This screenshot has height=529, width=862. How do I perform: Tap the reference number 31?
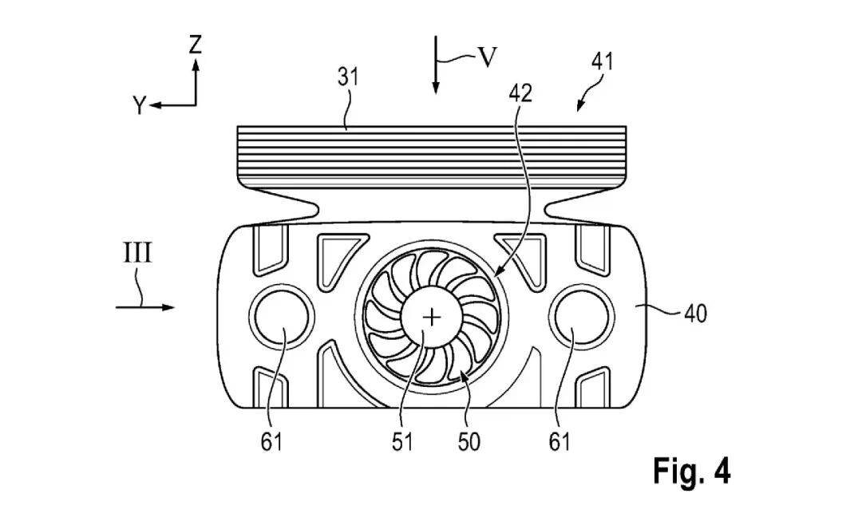click(x=347, y=77)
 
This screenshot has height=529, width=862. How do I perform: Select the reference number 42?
click(x=520, y=94)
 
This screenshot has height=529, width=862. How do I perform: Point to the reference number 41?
click(x=602, y=61)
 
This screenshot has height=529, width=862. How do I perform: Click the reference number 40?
click(x=695, y=314)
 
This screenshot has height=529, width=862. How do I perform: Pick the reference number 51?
click(x=401, y=442)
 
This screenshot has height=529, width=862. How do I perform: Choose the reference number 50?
click(x=469, y=442)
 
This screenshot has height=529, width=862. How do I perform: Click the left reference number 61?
click(x=271, y=442)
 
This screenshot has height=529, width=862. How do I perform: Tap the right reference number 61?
click(x=559, y=442)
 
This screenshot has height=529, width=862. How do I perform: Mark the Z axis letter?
click(x=196, y=44)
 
